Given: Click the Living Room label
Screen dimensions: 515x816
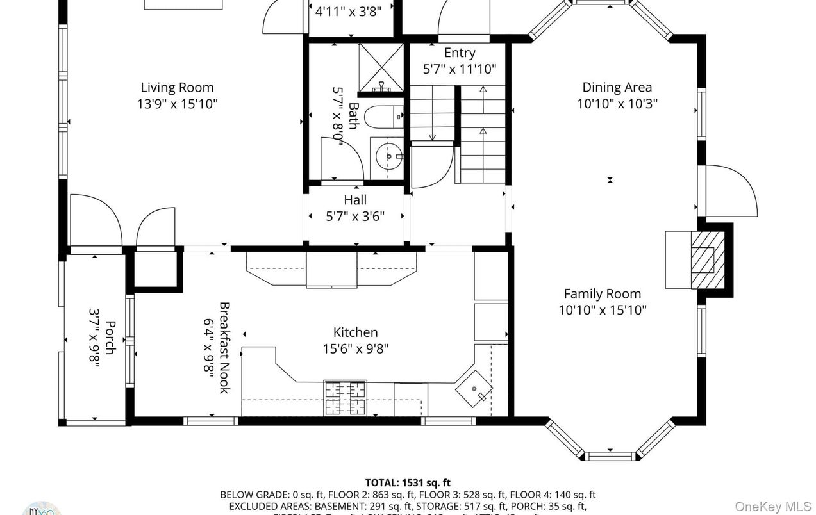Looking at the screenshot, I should [x=177, y=88].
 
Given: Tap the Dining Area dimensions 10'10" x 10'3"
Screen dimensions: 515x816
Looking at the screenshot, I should [x=617, y=104].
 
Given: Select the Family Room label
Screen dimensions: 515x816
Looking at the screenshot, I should [x=602, y=294].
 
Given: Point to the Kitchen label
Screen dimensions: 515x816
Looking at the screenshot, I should [x=355, y=332].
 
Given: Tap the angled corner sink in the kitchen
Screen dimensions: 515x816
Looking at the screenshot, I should [x=474, y=388].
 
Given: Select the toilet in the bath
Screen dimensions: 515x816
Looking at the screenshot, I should [x=383, y=117].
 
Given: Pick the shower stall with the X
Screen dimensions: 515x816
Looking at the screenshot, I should [x=380, y=67].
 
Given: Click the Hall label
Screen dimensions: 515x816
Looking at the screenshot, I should [x=355, y=200].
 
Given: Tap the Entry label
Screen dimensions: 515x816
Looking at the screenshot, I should [x=460, y=53].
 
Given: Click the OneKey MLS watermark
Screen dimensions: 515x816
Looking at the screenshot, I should [x=772, y=506].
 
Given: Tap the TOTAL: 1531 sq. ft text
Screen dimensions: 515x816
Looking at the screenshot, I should [x=408, y=482].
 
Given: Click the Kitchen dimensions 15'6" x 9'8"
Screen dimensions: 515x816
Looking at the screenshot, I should [x=355, y=348].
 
